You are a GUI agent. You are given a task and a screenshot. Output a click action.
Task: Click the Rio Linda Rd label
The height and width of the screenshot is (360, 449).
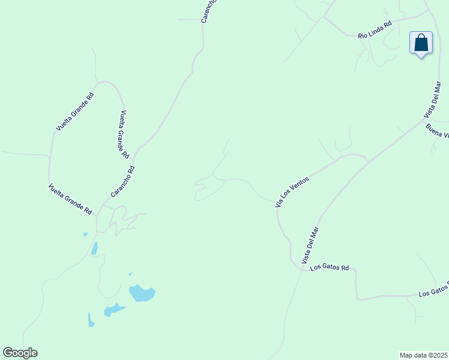(x=375, y=30)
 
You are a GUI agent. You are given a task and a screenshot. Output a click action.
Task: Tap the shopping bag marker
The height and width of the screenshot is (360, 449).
(x=421, y=43)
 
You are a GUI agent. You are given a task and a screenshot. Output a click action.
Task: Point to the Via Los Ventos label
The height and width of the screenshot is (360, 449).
(x=292, y=191)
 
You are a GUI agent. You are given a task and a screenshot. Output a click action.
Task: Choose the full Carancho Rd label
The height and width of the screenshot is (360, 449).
(x=122, y=181)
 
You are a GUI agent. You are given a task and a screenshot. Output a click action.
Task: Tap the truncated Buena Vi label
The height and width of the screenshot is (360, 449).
(x=436, y=130)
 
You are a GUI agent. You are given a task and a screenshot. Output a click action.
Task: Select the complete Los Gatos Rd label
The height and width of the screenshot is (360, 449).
(x=330, y=268)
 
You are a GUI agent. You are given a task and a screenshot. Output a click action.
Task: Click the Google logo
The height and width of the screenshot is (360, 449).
(x=20, y=353)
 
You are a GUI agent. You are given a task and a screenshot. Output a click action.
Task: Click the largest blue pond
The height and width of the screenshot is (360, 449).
(x=142, y=293)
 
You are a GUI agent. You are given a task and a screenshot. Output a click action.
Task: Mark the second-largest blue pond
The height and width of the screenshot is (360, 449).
(x=113, y=310)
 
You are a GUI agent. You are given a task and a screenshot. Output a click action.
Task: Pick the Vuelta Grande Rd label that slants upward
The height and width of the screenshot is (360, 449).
(x=75, y=111)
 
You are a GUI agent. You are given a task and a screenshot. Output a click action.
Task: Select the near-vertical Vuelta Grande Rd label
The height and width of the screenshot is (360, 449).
(x=124, y=134)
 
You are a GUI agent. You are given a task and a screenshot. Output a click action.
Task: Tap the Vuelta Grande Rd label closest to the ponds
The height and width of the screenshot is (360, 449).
(x=70, y=199)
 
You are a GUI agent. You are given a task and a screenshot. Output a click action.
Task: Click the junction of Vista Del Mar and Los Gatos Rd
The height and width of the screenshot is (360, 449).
(x=301, y=269)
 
